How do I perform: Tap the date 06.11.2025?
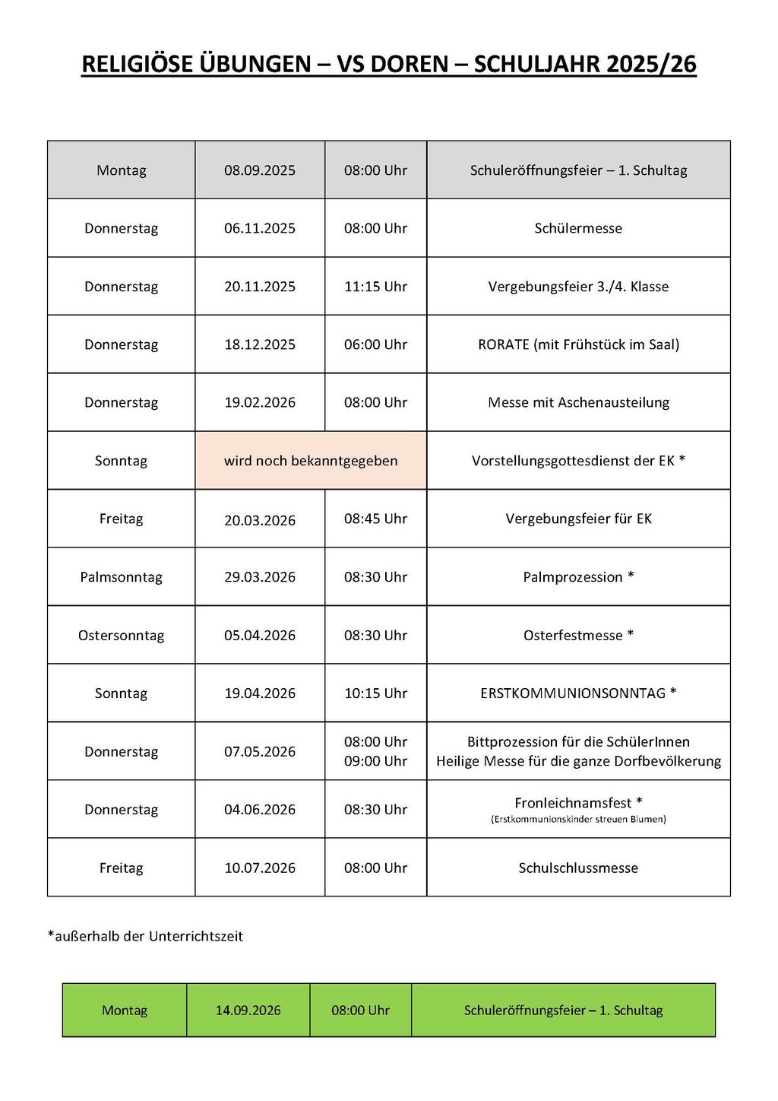260,228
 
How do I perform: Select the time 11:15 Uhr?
375,287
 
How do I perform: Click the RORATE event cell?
578,344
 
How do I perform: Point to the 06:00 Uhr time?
375,344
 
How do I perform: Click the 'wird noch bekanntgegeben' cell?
311,461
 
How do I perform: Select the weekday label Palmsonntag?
122,577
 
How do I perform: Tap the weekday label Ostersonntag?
122,636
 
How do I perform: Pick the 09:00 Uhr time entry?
375,761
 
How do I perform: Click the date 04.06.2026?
260,810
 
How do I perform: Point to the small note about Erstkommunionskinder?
578,820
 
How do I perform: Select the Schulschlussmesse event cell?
578,868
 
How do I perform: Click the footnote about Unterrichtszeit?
145,936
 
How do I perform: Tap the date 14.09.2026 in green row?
248,1011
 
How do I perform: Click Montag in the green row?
125,1011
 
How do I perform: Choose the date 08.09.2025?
260,170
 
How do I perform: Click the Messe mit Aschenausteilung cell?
578,402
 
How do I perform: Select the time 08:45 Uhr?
375,519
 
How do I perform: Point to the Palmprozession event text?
578,577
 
